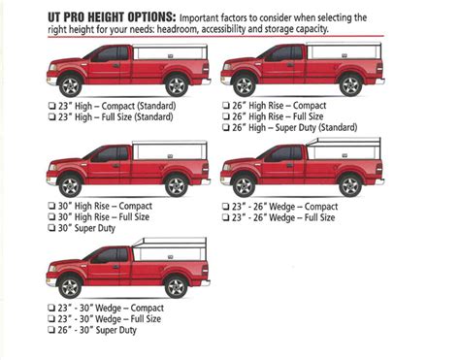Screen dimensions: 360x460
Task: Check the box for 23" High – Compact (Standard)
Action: coord(50,105)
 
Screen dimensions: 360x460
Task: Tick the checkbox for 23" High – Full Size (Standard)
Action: coord(50,116)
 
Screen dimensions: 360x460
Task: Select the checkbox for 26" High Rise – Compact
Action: coord(225,105)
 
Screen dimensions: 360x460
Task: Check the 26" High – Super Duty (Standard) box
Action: coord(225,128)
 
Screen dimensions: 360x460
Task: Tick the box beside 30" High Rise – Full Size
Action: coord(50,216)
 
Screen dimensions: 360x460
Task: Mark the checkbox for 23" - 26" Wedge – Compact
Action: coord(225,206)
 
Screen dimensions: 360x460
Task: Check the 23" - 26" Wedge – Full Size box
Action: coord(225,217)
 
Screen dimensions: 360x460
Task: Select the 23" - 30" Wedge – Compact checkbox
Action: coord(50,308)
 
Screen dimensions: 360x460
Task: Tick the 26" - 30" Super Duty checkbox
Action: coord(50,331)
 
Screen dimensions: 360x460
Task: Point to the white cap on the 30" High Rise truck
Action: coord(169,151)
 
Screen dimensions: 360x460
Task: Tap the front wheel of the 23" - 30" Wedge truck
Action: coord(71,286)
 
